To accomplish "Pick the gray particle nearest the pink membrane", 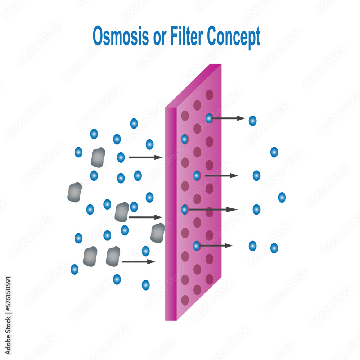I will click(x=158, y=233).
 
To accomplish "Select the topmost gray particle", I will click(x=98, y=157).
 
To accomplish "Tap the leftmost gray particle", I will click(x=75, y=192).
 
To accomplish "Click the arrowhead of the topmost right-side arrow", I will click(x=242, y=118).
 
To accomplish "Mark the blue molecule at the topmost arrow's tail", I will click(x=209, y=118).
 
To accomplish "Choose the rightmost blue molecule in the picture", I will click(x=282, y=197).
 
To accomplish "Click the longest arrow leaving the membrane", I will click(x=212, y=210).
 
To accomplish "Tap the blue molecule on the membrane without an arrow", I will click(x=184, y=139).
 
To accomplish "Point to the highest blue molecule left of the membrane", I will click(x=134, y=123).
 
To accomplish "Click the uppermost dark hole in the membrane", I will click(x=209, y=95).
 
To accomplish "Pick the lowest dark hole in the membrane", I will click(x=185, y=300).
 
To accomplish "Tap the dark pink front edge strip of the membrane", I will click(x=171, y=216).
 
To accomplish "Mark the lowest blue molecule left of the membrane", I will click(x=145, y=285).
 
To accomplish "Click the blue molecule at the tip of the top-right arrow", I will click(x=253, y=121).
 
